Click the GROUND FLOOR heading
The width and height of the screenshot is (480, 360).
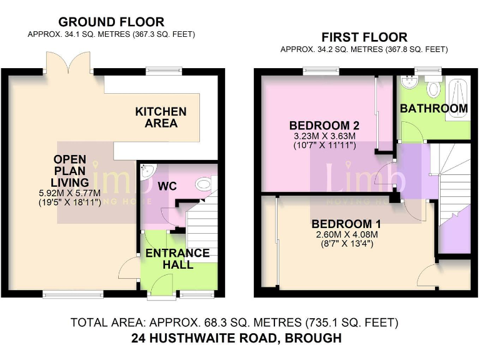point(111,22)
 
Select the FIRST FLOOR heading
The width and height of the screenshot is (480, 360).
point(364,37)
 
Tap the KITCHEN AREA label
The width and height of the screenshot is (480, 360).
point(161,117)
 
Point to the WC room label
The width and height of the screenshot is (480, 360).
point(167,186)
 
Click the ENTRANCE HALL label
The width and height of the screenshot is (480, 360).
point(177,259)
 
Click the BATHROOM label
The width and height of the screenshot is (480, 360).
point(434,108)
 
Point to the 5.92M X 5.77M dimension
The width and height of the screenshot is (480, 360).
point(78,194)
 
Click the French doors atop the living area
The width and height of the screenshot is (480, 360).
point(70,62)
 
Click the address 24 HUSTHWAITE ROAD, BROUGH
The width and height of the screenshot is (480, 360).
point(237,338)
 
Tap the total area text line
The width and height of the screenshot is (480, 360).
point(234,322)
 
